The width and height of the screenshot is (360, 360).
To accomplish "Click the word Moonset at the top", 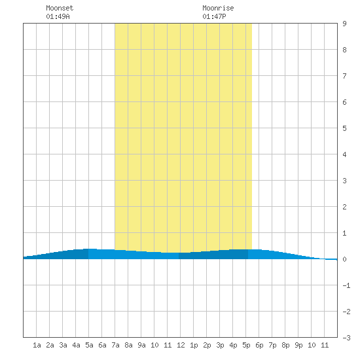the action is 60,8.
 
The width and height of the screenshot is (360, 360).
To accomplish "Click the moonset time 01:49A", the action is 58,16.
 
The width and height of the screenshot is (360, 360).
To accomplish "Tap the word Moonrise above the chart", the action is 218,8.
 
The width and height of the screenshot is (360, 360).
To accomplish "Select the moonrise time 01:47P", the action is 214,16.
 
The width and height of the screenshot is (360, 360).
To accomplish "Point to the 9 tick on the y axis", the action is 344,24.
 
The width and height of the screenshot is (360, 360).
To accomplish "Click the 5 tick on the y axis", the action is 344,128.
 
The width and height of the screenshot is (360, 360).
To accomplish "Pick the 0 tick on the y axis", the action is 344,259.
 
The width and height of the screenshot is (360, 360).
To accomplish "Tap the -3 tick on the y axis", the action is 346,338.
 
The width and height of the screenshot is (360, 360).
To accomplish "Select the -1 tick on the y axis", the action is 346,285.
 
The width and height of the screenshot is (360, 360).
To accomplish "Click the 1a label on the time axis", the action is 37,345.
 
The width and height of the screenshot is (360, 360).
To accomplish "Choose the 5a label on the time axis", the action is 89,345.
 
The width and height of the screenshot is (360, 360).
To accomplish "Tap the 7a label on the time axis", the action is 115,345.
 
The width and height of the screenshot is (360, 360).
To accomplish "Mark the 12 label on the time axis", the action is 181,345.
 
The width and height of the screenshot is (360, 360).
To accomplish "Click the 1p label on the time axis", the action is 194,345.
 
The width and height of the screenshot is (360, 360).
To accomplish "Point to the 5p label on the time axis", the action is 246,345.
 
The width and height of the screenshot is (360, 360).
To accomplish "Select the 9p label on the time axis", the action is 298,345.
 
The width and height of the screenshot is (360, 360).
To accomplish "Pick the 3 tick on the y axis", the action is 344,181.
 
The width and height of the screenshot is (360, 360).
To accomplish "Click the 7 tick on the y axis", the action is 344,76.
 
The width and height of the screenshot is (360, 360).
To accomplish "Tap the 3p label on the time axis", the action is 220,345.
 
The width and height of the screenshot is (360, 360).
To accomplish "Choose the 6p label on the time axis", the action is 259,345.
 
